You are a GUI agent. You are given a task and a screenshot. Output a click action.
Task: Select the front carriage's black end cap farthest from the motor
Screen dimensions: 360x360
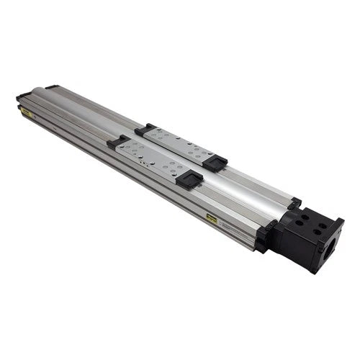[x=117, y=142]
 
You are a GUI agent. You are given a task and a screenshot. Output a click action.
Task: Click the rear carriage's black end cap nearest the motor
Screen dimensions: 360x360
[x=215, y=163]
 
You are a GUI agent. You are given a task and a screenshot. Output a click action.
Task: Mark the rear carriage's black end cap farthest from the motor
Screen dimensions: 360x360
[x=145, y=130]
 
